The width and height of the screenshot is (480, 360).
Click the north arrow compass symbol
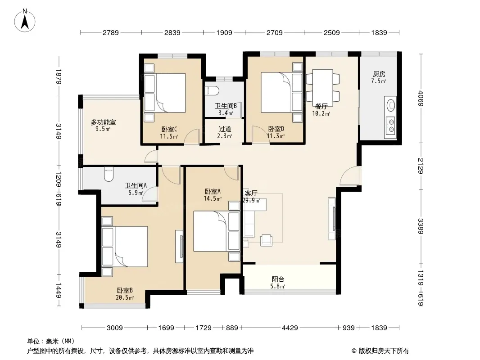coord(24,21)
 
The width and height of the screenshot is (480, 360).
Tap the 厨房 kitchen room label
coord(379,74)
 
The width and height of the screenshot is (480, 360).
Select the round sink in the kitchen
coord(391,105)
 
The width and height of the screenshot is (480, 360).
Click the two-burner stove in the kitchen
coord(391,126)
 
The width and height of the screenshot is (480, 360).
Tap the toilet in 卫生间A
coord(109,174)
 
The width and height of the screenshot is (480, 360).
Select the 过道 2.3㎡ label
coord(225,132)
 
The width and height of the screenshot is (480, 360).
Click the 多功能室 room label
coord(103,122)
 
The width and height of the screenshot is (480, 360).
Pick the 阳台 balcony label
coord(278,279)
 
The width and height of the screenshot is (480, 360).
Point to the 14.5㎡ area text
coord(213,198)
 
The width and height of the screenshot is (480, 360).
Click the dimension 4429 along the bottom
coord(290,328)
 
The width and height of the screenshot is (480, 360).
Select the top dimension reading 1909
coord(224,32)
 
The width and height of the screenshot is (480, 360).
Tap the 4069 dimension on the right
coord(420,98)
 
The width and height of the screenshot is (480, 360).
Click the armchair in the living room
coord(266,240)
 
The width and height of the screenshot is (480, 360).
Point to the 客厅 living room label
coord(251,193)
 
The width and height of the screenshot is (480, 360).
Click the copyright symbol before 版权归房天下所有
coord(354,351)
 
